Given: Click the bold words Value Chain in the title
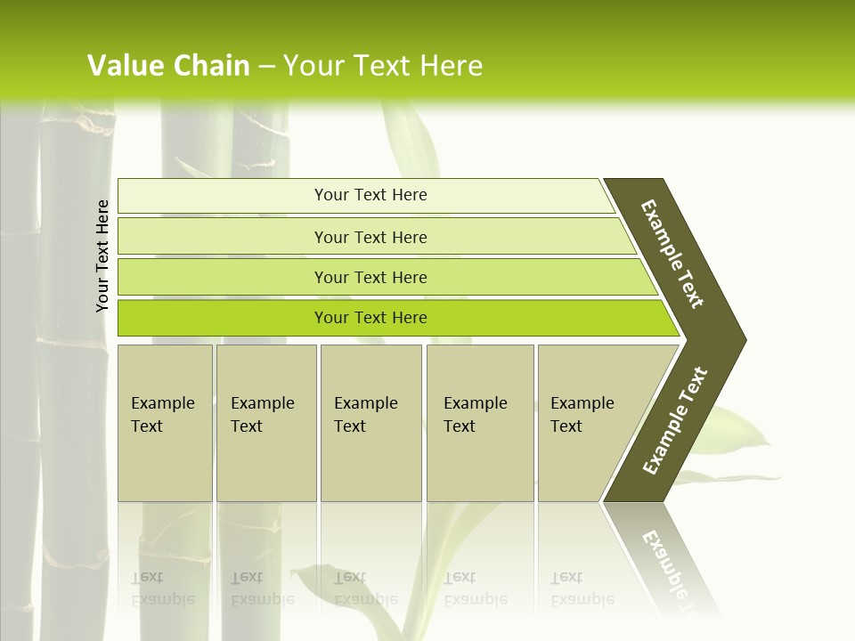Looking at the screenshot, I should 168,66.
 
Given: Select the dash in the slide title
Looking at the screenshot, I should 266,66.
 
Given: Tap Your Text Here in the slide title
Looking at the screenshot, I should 383,66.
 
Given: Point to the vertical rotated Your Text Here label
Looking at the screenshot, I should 102,256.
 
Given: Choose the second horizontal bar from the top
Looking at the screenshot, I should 370,237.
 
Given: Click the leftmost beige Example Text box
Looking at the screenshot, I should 165,423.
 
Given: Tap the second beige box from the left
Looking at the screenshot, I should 265,423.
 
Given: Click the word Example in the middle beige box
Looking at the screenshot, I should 365,403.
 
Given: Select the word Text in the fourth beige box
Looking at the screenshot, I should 460,426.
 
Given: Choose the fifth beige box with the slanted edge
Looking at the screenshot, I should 588,423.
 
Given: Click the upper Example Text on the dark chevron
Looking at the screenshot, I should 672,254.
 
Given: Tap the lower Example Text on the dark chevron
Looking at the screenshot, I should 674,421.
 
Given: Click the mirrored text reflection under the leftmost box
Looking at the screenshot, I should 162,588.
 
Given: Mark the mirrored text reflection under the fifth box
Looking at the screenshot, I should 582,588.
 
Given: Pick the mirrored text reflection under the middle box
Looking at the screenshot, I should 365,588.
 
